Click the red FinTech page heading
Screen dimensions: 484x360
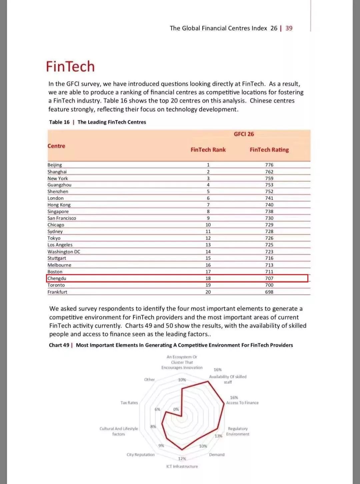[x=70, y=67]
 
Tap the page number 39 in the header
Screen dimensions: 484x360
[x=289, y=28]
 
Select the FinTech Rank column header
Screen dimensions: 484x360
[x=208, y=150]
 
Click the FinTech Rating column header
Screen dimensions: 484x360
[x=269, y=150]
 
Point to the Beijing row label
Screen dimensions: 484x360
[x=55, y=165]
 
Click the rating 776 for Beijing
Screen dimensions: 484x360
[x=269, y=165]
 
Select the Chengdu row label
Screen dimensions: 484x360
[x=57, y=278]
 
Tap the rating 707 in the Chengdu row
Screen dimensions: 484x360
[x=269, y=278]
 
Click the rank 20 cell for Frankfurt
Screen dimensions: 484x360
[x=208, y=292]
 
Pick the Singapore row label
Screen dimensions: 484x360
[x=58, y=212]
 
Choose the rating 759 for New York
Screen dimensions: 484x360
[x=269, y=179]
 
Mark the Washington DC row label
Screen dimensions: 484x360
[x=64, y=252]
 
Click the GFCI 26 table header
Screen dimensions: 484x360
[x=244, y=134]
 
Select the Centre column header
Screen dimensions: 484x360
[x=56, y=146]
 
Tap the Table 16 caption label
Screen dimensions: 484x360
[x=59, y=122]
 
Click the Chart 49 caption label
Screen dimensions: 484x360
[x=59, y=345]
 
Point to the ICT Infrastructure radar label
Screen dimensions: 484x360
[x=182, y=466]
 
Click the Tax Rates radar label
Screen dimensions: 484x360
[x=129, y=403]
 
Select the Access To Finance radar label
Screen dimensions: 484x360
[x=242, y=403]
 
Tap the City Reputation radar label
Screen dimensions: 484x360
[x=141, y=455]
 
